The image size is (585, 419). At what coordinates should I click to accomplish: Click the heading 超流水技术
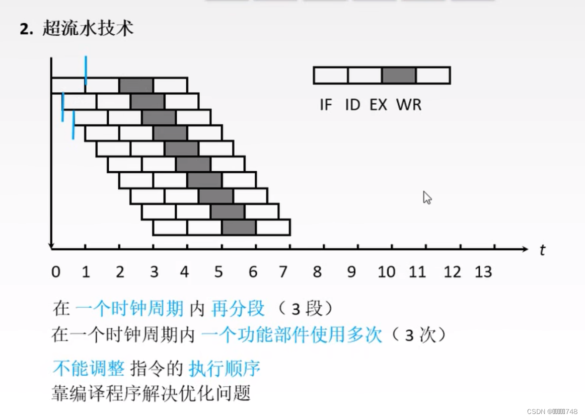(x=88, y=28)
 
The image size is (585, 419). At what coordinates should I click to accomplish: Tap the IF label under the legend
(x=326, y=105)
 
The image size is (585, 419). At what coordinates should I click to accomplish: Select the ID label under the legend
(x=352, y=105)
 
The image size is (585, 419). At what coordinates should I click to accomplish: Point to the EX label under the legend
(x=379, y=105)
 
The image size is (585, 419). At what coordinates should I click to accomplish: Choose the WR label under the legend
(x=409, y=105)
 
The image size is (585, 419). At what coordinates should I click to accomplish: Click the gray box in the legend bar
(x=399, y=75)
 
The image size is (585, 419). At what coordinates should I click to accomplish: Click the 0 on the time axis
(x=56, y=272)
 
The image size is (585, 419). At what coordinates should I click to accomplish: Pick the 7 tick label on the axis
(x=283, y=272)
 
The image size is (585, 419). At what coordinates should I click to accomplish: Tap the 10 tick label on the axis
(x=387, y=272)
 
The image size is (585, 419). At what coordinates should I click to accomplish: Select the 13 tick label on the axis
(x=483, y=272)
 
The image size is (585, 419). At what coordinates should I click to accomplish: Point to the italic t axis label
(x=542, y=250)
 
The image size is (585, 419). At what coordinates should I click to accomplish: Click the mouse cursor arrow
(x=427, y=197)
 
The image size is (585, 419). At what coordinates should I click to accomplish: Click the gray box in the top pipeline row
(x=136, y=85)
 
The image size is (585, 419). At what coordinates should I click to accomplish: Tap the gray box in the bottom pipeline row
(x=239, y=228)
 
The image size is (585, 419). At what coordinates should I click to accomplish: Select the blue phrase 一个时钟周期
(x=129, y=308)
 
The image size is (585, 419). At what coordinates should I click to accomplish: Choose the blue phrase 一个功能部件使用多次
(x=291, y=334)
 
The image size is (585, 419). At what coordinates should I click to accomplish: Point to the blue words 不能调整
(x=88, y=369)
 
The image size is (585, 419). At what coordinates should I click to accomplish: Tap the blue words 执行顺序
(x=225, y=369)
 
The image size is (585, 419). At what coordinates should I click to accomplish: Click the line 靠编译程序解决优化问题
(x=151, y=393)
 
